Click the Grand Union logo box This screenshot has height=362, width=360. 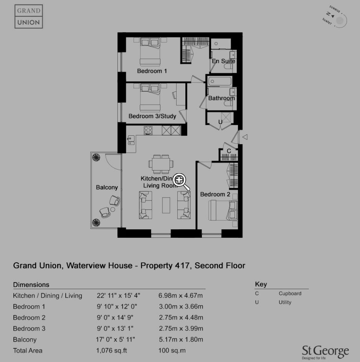pyautogui.click(x=29, y=16)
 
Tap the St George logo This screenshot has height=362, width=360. pyautogui.click(x=325, y=352)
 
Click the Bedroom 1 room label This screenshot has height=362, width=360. pyautogui.click(x=152, y=71)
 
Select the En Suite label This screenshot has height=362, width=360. pyautogui.click(x=223, y=61)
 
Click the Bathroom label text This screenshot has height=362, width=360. pyautogui.click(x=221, y=98)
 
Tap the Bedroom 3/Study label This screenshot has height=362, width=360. pyautogui.click(x=152, y=116)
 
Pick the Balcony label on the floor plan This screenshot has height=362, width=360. pyautogui.click(x=107, y=188)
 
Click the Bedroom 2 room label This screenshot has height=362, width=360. pyautogui.click(x=215, y=194)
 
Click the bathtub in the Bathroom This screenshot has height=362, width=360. pyautogui.click(x=220, y=81)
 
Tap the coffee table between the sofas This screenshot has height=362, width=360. pyautogui.click(x=166, y=205)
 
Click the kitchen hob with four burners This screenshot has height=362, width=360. pyautogui.click(x=148, y=130)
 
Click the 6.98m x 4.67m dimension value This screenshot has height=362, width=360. pyautogui.click(x=180, y=296)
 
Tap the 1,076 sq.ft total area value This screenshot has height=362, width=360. pyautogui.click(x=111, y=350)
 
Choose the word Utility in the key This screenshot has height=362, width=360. pyautogui.click(x=285, y=302)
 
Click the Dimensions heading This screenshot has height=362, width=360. pyautogui.click(x=31, y=285)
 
